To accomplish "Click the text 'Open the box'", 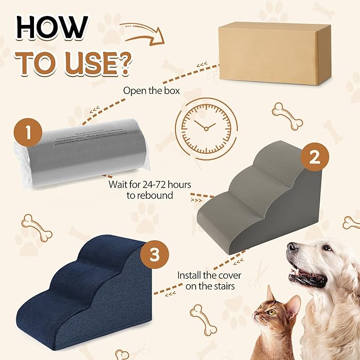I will click(x=152, y=90).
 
